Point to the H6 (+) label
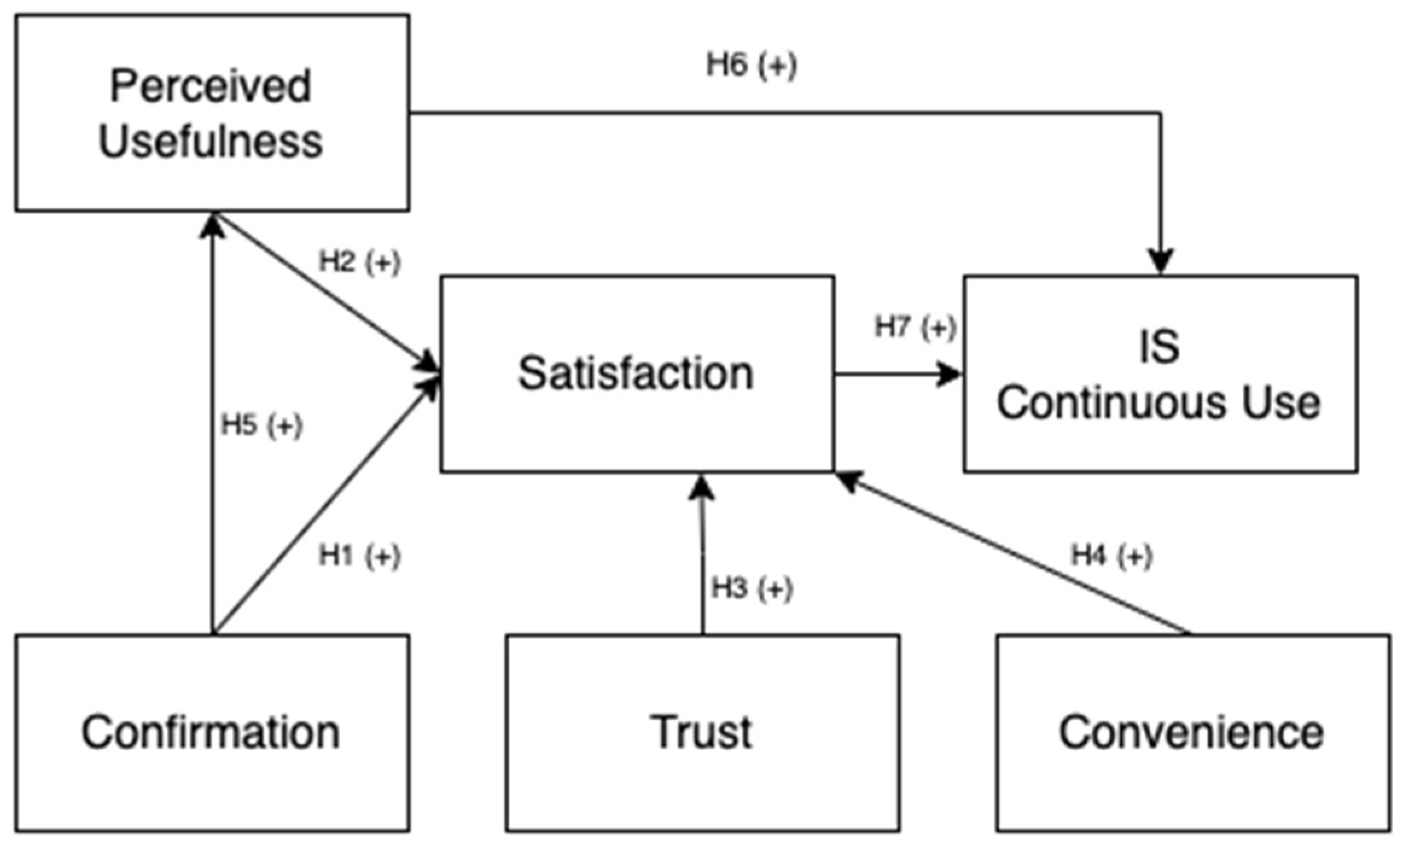[751, 65]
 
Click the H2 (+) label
[359, 262]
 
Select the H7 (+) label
[915, 328]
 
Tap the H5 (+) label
[261, 425]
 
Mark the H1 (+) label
[359, 556]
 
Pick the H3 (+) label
[752, 588]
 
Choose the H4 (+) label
[1111, 555]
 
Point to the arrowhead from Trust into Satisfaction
[701, 488]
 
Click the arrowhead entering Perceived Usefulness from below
[212, 226]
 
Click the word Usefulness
[211, 142]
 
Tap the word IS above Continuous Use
[1159, 346]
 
